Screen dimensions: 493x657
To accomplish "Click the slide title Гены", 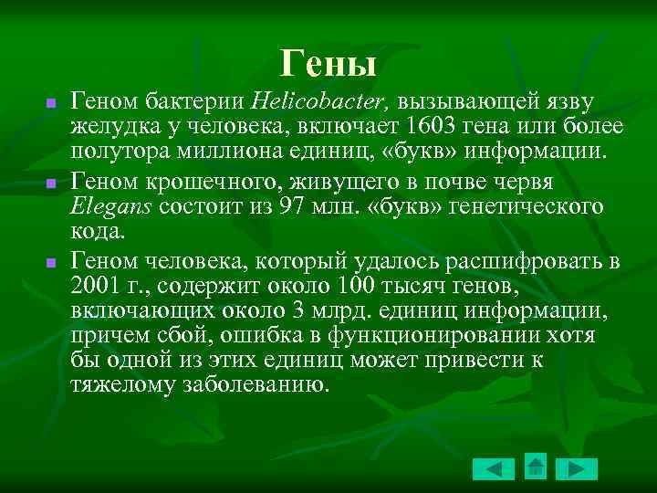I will tap(328, 63).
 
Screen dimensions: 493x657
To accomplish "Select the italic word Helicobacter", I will tap(305, 100).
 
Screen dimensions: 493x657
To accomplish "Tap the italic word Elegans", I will tap(111, 207).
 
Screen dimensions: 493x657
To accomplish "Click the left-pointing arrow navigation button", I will tap(494, 469).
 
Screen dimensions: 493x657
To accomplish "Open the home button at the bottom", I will tap(536, 467).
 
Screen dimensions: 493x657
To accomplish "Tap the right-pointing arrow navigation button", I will tap(577, 469).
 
